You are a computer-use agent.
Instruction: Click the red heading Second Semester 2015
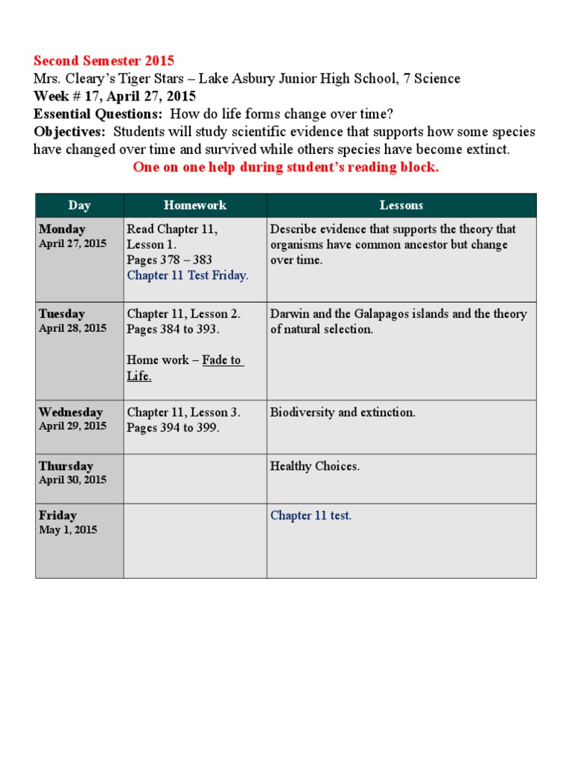coord(104,61)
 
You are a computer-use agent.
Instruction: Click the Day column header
coord(79,205)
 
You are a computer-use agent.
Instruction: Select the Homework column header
coord(195,205)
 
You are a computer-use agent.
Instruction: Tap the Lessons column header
coord(401,205)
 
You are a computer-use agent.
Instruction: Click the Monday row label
coord(62,229)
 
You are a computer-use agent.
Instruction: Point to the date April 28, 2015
coord(72,328)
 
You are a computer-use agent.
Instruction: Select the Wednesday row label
coord(71,412)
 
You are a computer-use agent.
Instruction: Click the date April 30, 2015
coord(72,480)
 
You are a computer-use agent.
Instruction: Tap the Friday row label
coord(57,516)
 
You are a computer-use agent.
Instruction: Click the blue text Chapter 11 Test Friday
coord(188,275)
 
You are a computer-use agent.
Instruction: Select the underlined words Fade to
coord(223,360)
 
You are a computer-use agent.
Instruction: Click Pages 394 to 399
coord(173,428)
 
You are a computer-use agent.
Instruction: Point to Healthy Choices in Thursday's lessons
coord(314,467)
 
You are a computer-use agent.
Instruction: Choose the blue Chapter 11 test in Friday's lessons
coord(311,516)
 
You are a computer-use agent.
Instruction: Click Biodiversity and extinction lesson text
coord(343,412)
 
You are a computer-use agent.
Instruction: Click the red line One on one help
coord(286,167)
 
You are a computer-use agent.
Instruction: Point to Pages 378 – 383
coord(169,260)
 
